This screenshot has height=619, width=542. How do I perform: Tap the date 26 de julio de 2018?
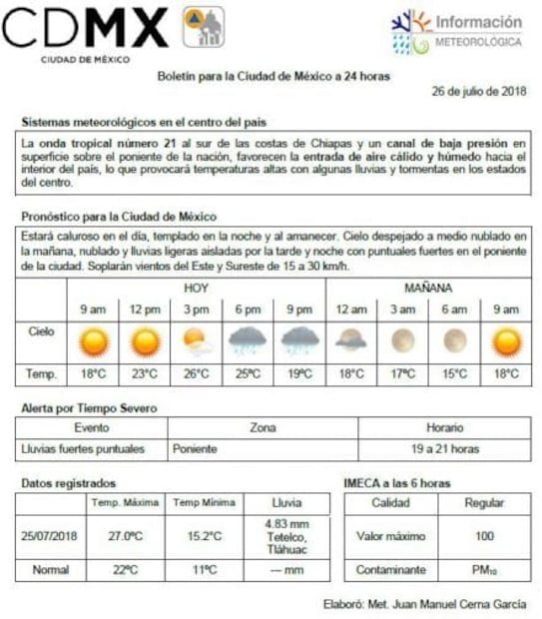(x=479, y=91)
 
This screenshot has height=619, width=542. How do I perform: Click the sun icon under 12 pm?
(x=146, y=342)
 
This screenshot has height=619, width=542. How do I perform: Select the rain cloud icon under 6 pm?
(x=248, y=342)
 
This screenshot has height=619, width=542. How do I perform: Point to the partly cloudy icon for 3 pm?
(x=197, y=342)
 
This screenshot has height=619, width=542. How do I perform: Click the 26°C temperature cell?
(x=197, y=374)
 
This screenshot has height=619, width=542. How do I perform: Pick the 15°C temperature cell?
(x=454, y=374)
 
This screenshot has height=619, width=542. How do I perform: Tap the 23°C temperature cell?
(x=146, y=374)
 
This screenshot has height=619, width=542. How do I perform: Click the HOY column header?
(x=197, y=287)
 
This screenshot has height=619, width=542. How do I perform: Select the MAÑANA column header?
(x=428, y=287)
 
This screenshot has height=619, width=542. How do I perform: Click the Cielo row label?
(x=41, y=330)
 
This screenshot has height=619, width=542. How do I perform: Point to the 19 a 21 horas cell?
(x=444, y=449)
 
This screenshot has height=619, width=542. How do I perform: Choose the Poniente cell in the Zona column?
(x=196, y=449)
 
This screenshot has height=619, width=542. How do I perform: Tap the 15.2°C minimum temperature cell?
(x=203, y=536)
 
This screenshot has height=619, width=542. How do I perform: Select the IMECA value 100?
(x=484, y=536)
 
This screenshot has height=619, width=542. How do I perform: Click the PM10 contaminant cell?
(x=484, y=570)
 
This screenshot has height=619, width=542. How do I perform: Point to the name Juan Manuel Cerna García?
(x=465, y=603)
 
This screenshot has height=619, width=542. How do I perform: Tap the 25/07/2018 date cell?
(x=50, y=536)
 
